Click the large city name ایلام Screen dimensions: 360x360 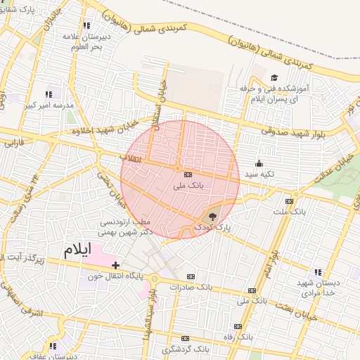tap(77, 250)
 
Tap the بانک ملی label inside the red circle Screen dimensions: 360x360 tap(188, 187)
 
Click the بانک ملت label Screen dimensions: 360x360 tap(290, 211)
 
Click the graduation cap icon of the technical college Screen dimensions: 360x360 tap(274, 78)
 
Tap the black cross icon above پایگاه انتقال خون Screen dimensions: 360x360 tap(115, 264)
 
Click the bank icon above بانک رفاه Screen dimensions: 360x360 tap(237, 326)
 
